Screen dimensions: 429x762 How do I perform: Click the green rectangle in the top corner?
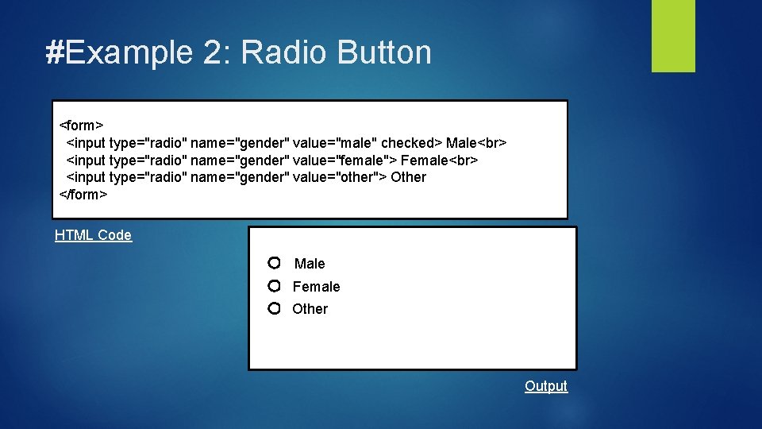[x=673, y=36]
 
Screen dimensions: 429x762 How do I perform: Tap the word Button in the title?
[x=384, y=52]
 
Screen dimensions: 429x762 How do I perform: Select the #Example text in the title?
[x=119, y=52]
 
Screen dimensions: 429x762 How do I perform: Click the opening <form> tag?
[x=81, y=126]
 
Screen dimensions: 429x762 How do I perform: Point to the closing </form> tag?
[x=83, y=194]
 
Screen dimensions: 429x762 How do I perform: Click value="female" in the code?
[x=339, y=160]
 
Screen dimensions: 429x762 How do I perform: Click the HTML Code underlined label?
[x=93, y=235]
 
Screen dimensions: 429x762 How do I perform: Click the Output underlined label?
[x=546, y=386]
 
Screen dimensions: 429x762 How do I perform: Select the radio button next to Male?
[x=274, y=263]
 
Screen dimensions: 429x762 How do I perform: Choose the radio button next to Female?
[x=274, y=285]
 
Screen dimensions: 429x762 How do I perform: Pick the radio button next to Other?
[x=274, y=308]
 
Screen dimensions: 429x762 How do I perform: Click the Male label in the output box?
[x=310, y=264]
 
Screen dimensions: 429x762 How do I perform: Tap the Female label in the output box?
[x=316, y=287]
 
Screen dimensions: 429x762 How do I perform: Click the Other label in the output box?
[x=310, y=309]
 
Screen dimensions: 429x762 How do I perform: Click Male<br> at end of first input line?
[x=476, y=143]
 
